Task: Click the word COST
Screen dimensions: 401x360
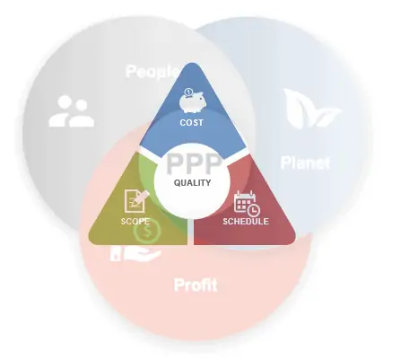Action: coord(191,122)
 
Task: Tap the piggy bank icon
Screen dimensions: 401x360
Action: coord(193,101)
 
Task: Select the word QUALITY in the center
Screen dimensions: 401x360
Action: coord(192,182)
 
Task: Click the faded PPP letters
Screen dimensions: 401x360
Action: coord(195,163)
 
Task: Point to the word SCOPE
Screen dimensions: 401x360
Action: coord(135,222)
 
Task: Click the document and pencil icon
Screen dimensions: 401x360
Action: coord(136,201)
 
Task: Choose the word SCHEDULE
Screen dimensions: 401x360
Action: coord(246,222)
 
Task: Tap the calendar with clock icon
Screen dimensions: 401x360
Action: coord(247,204)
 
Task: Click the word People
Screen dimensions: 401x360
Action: coord(153,72)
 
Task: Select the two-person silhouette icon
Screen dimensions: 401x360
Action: coord(72,111)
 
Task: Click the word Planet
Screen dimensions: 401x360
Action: coord(305,162)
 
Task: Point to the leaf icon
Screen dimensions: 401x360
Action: coord(311,109)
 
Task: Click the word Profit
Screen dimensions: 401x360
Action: coord(196,285)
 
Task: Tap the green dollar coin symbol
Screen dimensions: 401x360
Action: coord(147,232)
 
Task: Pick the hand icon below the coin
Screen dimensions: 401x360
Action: coord(135,254)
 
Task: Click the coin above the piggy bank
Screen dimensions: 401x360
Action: coord(188,92)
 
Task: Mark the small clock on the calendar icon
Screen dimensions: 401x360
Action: coord(254,210)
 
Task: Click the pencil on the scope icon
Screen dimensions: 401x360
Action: coord(142,198)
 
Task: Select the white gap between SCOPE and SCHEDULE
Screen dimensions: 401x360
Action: coord(190,232)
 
